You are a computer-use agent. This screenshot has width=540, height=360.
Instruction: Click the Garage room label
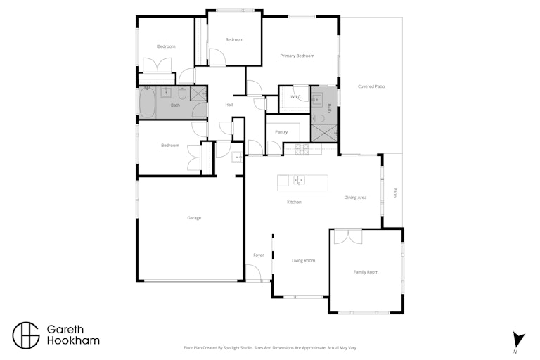[194, 218]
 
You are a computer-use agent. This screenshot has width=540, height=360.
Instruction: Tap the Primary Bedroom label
[297, 56]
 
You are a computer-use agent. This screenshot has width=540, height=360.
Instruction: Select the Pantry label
[281, 132]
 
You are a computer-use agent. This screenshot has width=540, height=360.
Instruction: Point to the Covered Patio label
[371, 86]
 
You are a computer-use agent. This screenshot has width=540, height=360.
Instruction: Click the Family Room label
[366, 272]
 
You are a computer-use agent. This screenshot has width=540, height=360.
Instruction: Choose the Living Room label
[304, 260]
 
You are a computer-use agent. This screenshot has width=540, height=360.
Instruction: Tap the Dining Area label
[355, 198]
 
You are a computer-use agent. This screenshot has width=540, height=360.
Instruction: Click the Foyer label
[259, 255]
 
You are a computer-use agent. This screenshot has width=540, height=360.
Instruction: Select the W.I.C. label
[295, 97]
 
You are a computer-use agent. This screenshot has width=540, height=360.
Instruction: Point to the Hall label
[229, 105]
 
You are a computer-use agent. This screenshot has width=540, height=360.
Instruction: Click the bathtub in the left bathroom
[147, 103]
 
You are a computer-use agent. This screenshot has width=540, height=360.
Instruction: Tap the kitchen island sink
[299, 180]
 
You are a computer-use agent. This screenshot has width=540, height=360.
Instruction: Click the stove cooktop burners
[302, 149]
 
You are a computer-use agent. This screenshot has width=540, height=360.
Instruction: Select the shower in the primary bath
[324, 133]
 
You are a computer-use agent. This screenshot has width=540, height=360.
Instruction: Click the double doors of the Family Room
[348, 237]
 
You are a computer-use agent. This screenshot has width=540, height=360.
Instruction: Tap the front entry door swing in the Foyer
[253, 273]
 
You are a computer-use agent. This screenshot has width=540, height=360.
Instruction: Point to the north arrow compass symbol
[518, 340]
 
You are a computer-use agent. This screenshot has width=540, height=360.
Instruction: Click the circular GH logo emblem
[26, 335]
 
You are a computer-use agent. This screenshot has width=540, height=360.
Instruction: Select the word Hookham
[73, 341]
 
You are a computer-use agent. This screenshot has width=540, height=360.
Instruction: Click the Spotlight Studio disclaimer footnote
[270, 348]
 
